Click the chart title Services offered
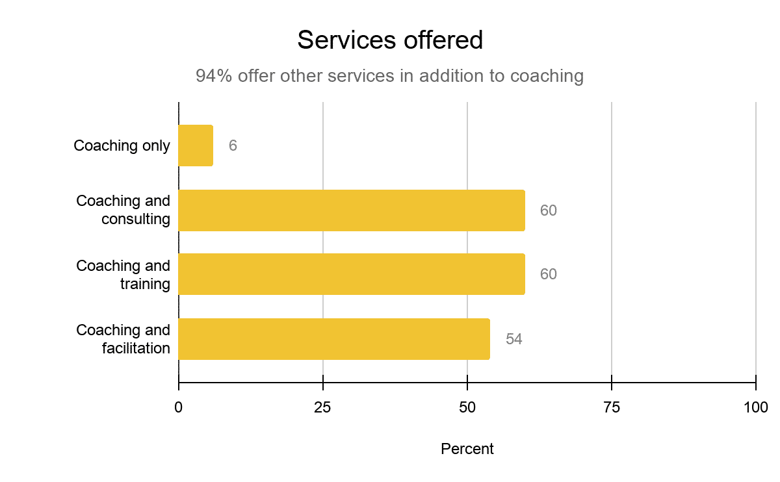pyautogui.click(x=390, y=40)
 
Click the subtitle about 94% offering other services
pyautogui.click(x=390, y=76)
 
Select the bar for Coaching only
pyautogui.click(x=196, y=146)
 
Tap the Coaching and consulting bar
pyautogui.click(x=351, y=210)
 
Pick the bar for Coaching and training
pyautogui.click(x=351, y=274)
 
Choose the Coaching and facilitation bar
pyautogui.click(x=333, y=339)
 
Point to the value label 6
pyautogui.click(x=233, y=146)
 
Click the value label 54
pyautogui.click(x=514, y=339)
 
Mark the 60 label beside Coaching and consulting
pyautogui.click(x=549, y=210)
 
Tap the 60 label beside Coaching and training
pyautogui.click(x=549, y=274)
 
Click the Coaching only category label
pyautogui.click(x=122, y=146)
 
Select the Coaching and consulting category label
pyautogui.click(x=123, y=210)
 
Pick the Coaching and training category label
pyautogui.click(x=123, y=274)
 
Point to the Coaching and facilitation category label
pyautogui.click(x=123, y=339)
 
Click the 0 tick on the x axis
pyautogui.click(x=179, y=408)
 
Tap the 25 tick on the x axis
pyautogui.click(x=323, y=408)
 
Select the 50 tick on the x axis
pyautogui.click(x=467, y=408)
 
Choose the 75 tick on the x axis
pyautogui.click(x=612, y=408)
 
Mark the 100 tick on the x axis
pyautogui.click(x=756, y=408)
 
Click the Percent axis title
pyautogui.click(x=467, y=449)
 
